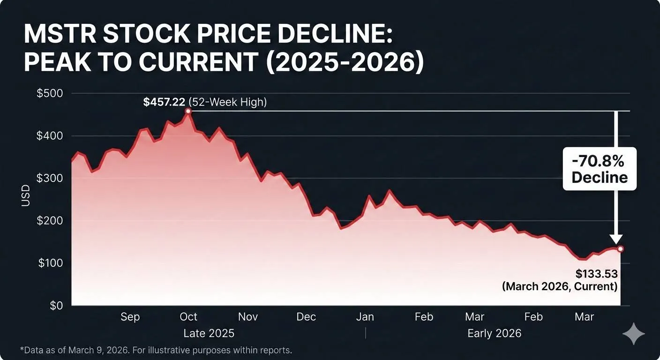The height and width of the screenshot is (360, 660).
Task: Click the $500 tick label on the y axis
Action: (50, 93)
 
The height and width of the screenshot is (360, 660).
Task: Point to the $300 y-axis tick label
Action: (50, 178)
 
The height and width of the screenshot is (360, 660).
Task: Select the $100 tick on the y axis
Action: (50, 263)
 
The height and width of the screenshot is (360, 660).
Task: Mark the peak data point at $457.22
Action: (188, 111)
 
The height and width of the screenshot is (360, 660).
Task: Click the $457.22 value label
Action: (164, 102)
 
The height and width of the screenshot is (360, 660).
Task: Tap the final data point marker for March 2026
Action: (620, 249)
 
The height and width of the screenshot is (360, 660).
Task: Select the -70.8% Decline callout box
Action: (600, 169)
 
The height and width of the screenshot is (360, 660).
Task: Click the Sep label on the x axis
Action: (130, 317)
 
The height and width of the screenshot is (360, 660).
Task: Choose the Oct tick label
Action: (188, 317)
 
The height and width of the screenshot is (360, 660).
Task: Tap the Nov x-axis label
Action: (247, 317)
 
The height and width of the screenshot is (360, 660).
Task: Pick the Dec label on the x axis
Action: (306, 317)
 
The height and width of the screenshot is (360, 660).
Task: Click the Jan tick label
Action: (365, 317)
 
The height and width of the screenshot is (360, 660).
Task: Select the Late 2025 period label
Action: (209, 333)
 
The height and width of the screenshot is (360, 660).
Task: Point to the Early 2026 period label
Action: (494, 333)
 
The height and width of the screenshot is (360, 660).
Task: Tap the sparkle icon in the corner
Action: (633, 334)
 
